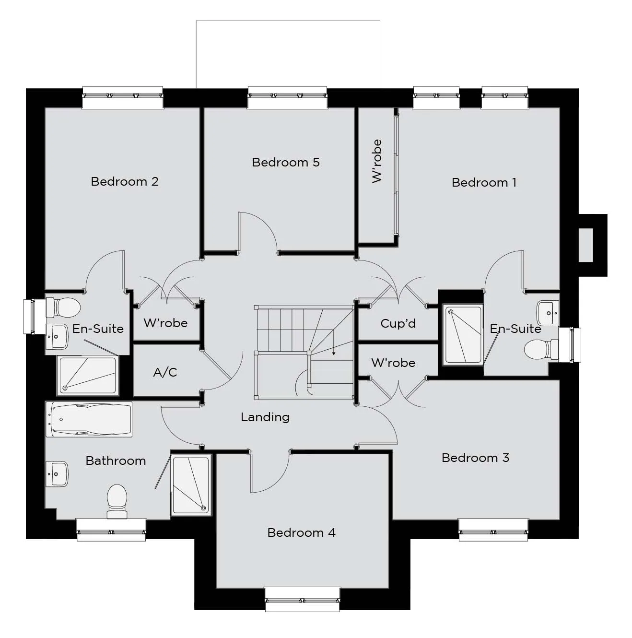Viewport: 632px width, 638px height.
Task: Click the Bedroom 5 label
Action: (286, 162)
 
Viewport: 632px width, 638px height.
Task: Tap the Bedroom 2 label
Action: (125, 181)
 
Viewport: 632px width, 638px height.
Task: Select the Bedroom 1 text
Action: (484, 182)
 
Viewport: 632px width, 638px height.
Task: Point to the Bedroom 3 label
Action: (475, 458)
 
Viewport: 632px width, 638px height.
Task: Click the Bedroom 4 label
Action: (301, 533)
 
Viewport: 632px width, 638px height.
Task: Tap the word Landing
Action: (265, 417)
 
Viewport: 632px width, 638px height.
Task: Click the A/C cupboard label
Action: (165, 372)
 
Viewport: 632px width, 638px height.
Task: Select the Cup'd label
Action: (398, 323)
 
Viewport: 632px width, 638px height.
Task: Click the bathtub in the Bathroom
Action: (89, 419)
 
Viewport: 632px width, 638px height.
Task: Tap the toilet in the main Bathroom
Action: (117, 501)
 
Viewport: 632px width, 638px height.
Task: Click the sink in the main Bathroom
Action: (57, 474)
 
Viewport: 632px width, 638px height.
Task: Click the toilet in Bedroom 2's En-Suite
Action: (63, 307)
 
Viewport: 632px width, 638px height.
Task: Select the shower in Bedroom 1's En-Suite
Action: (463, 335)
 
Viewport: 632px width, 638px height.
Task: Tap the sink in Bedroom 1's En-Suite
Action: (548, 313)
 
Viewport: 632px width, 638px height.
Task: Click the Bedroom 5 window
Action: (287, 97)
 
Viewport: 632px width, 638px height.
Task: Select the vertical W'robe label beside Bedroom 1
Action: (377, 161)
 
